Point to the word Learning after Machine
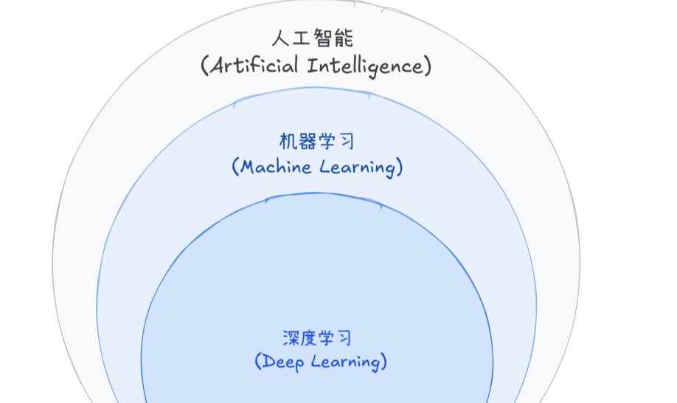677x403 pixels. (357, 168)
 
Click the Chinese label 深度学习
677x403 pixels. (317, 338)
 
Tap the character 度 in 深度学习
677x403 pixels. (309, 338)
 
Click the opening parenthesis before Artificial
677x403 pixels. (204, 66)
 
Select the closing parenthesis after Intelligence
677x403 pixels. (427, 66)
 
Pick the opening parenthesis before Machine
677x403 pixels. (235, 168)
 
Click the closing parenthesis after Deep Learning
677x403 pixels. (383, 362)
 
